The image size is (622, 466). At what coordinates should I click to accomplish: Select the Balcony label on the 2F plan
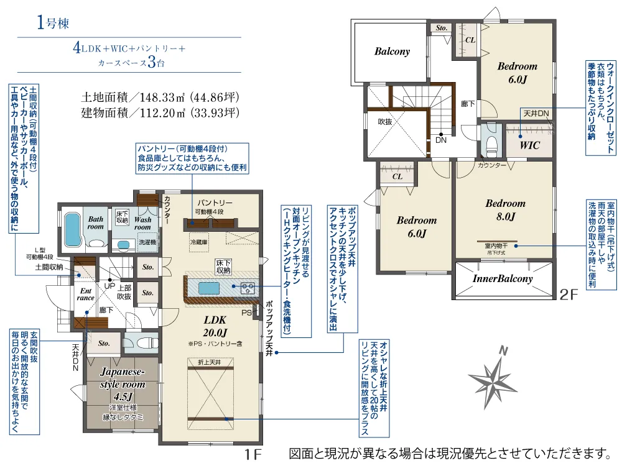[x=392, y=52]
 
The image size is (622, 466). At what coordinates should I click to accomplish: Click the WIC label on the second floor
[x=529, y=145]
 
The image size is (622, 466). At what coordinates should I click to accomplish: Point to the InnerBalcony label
[x=503, y=278]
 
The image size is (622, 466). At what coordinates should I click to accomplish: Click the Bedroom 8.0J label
[x=505, y=210]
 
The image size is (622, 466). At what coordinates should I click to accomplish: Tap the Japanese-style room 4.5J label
[x=123, y=384]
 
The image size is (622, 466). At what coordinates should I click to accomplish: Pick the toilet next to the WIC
[x=491, y=143]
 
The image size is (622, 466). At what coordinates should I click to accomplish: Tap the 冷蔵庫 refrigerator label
[x=199, y=242]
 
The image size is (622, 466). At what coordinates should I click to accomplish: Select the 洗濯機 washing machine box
[x=147, y=242]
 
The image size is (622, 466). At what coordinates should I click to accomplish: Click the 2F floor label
[x=569, y=295]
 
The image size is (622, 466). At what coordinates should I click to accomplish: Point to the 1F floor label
[x=253, y=454]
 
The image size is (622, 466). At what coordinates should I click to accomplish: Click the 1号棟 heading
[x=53, y=22]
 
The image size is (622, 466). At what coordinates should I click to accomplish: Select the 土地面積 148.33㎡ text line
[x=160, y=97]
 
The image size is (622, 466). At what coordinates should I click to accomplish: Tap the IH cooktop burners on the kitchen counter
[x=248, y=288]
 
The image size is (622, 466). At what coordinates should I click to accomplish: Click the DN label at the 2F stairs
[x=441, y=140]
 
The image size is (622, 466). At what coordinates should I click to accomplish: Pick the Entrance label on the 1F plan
[x=86, y=295]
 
